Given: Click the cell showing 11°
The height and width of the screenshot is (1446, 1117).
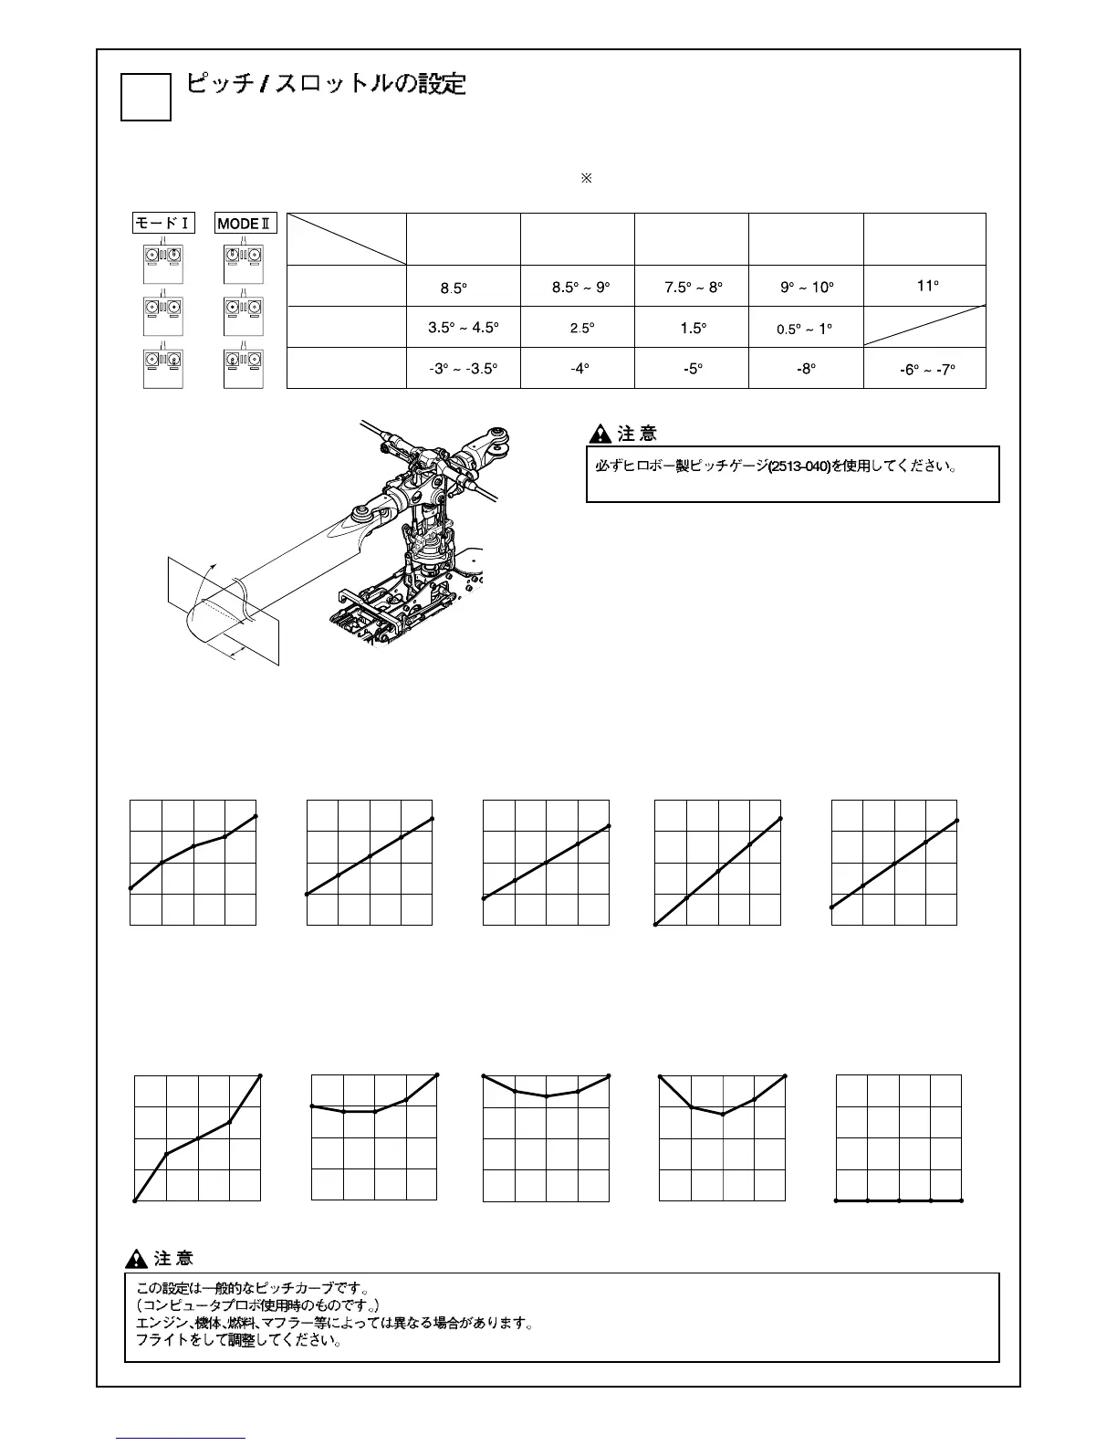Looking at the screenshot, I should click(927, 286).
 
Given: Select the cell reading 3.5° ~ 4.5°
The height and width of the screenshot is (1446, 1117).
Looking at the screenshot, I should click(464, 328).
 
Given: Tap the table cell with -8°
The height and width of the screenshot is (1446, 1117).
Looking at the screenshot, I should click(806, 369).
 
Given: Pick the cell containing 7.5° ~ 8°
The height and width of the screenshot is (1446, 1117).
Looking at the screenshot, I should click(693, 287).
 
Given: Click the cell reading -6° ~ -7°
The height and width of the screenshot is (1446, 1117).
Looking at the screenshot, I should click(926, 370).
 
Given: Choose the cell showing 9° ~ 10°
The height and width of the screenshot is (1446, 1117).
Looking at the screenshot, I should click(807, 287).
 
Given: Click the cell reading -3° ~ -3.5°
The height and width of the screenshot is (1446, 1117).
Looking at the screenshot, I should click(464, 369).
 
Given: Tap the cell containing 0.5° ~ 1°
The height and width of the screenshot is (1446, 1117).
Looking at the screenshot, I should click(805, 329).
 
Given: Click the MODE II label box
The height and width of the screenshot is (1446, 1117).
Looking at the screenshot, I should click(246, 224).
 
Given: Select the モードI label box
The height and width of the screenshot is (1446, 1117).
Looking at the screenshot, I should click(164, 224).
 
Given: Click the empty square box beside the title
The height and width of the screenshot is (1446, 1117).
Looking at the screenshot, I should click(146, 97).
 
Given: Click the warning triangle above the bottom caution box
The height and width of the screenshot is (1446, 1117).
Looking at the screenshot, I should click(137, 1259).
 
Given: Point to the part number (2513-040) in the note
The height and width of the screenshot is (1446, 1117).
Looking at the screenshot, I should click(799, 466).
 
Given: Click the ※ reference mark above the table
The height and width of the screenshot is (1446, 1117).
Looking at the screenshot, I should click(587, 178).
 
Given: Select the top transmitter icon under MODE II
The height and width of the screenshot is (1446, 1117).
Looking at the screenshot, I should click(246, 266).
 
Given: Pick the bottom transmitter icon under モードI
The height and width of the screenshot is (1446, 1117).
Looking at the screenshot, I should click(164, 369).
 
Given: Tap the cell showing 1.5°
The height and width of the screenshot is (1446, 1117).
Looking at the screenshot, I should click(693, 328).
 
